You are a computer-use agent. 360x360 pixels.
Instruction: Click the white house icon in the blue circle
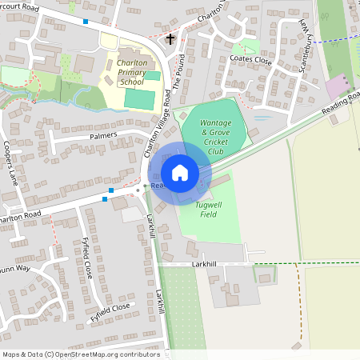180,172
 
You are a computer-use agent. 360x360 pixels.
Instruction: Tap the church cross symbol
170,38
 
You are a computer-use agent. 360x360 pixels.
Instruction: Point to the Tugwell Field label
197,210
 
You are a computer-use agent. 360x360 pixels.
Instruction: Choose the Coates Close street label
251,58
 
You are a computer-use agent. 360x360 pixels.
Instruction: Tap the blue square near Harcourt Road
86,22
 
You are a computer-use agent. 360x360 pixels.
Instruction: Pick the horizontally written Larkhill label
206,263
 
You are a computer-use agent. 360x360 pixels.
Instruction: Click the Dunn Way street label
14,269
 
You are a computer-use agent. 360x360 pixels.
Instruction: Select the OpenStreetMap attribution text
81,354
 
